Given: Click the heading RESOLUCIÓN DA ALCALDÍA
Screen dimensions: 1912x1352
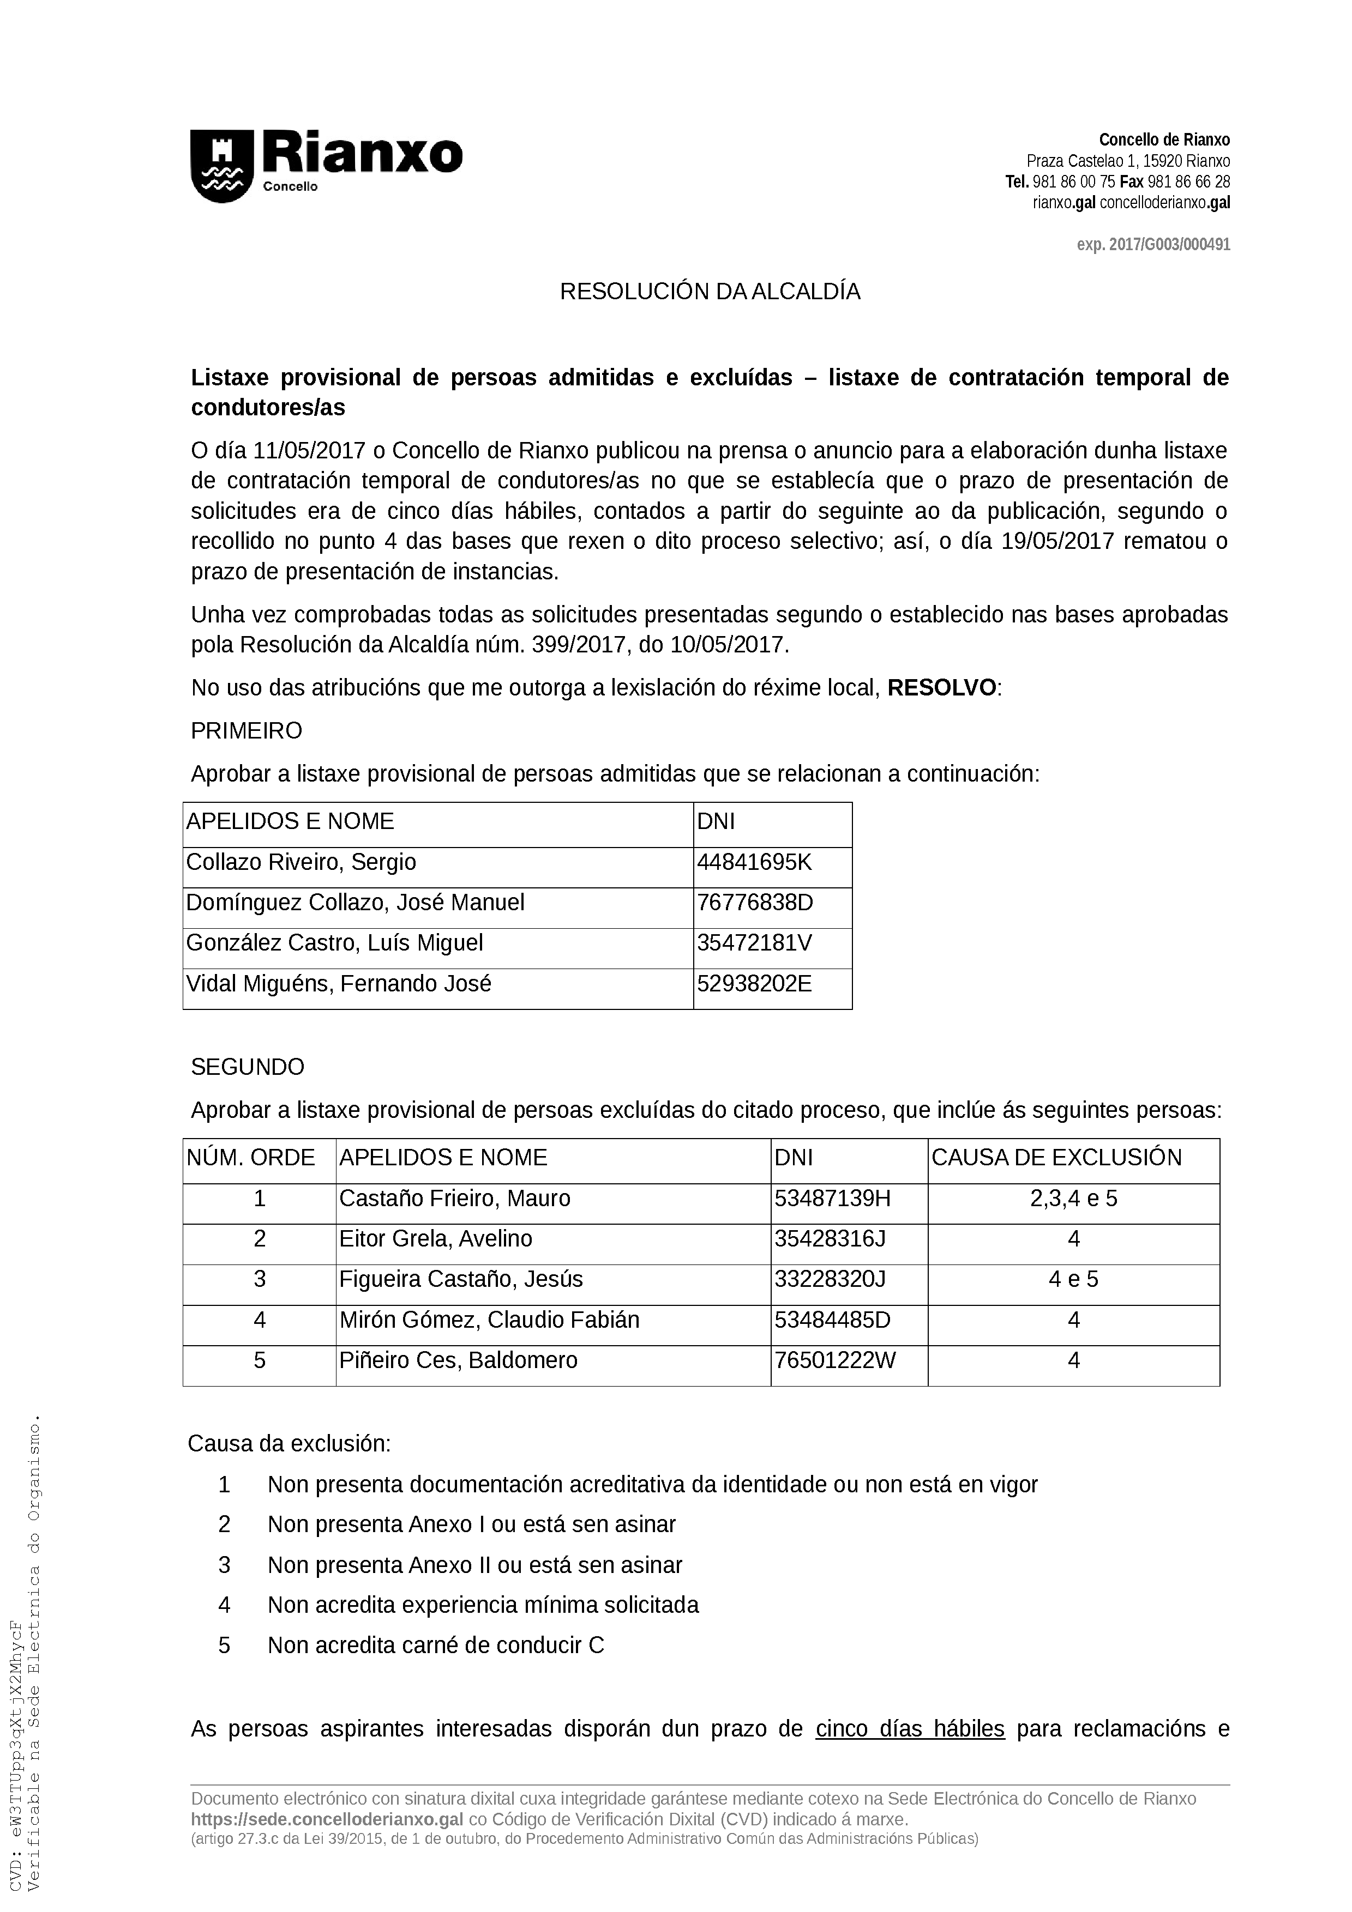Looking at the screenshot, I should click(710, 292).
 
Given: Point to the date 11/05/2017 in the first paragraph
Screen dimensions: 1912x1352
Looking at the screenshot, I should click(310, 451).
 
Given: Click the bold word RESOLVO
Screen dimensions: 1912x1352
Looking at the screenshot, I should click(941, 688).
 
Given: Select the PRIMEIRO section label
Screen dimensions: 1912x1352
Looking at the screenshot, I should click(247, 731).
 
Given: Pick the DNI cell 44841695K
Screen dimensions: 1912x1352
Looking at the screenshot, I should click(754, 862).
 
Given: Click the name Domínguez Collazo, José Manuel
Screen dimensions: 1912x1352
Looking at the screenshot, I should click(355, 903).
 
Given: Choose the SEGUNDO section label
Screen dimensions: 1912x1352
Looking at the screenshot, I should click(248, 1068).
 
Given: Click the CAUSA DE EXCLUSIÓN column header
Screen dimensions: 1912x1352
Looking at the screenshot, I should click(1056, 1158).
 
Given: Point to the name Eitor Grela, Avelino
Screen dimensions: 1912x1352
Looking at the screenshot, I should click(435, 1238).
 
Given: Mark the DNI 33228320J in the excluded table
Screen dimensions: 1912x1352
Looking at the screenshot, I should click(830, 1279).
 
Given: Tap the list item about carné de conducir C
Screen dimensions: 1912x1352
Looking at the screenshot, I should click(436, 1645).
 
